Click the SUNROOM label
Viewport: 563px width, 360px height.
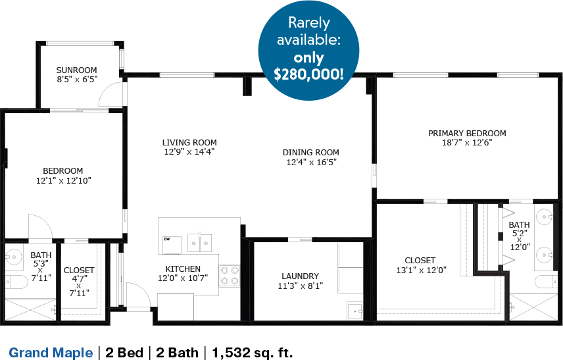76,70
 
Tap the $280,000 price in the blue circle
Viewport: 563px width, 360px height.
308,74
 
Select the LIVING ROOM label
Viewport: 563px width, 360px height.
189,143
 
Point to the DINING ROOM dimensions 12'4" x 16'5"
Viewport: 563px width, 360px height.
311,162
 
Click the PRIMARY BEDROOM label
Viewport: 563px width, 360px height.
467,134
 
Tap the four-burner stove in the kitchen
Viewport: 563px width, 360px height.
230,275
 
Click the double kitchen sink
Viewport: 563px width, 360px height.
200,243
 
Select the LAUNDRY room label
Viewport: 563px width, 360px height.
300,276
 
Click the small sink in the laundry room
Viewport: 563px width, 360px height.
355,311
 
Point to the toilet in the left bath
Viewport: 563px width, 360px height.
16,282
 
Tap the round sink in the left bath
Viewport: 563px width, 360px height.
13,257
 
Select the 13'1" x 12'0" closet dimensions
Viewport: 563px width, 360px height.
421,270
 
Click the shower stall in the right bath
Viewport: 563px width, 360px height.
533,307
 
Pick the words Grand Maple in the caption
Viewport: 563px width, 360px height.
51,353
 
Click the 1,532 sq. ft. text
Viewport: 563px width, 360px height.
253,353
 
